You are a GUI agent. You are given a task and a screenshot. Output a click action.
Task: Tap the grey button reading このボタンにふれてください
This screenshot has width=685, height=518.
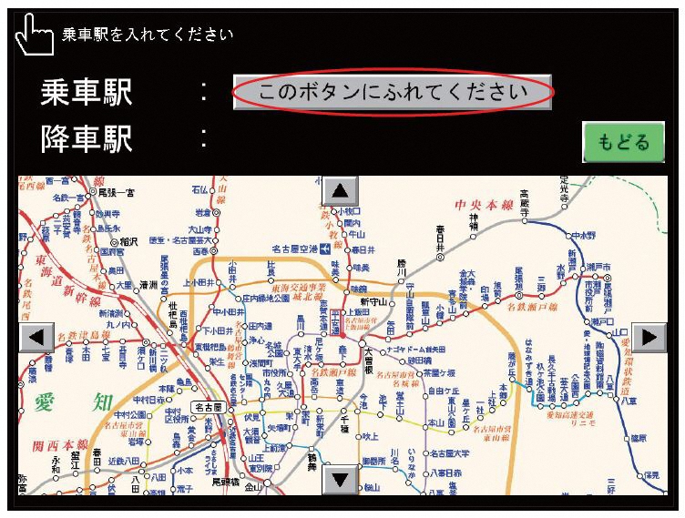(393, 92)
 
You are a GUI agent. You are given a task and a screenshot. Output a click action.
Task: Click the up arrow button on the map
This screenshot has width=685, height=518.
(341, 190)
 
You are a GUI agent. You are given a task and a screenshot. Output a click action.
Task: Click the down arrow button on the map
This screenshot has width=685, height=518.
(341, 478)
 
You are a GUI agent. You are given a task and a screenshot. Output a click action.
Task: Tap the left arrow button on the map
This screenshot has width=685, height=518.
(36, 337)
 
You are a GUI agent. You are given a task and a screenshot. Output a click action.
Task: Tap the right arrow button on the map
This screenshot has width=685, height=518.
(649, 337)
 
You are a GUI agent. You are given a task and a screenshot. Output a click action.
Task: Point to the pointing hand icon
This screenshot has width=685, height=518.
(35, 36)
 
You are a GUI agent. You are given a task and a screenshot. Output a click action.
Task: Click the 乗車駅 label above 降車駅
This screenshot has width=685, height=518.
(87, 92)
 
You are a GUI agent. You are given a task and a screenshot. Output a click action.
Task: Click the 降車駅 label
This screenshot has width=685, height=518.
(87, 139)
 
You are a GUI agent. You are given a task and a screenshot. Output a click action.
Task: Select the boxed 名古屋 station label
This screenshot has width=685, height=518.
(208, 408)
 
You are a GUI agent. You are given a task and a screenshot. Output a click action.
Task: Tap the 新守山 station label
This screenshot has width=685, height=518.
(374, 301)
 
